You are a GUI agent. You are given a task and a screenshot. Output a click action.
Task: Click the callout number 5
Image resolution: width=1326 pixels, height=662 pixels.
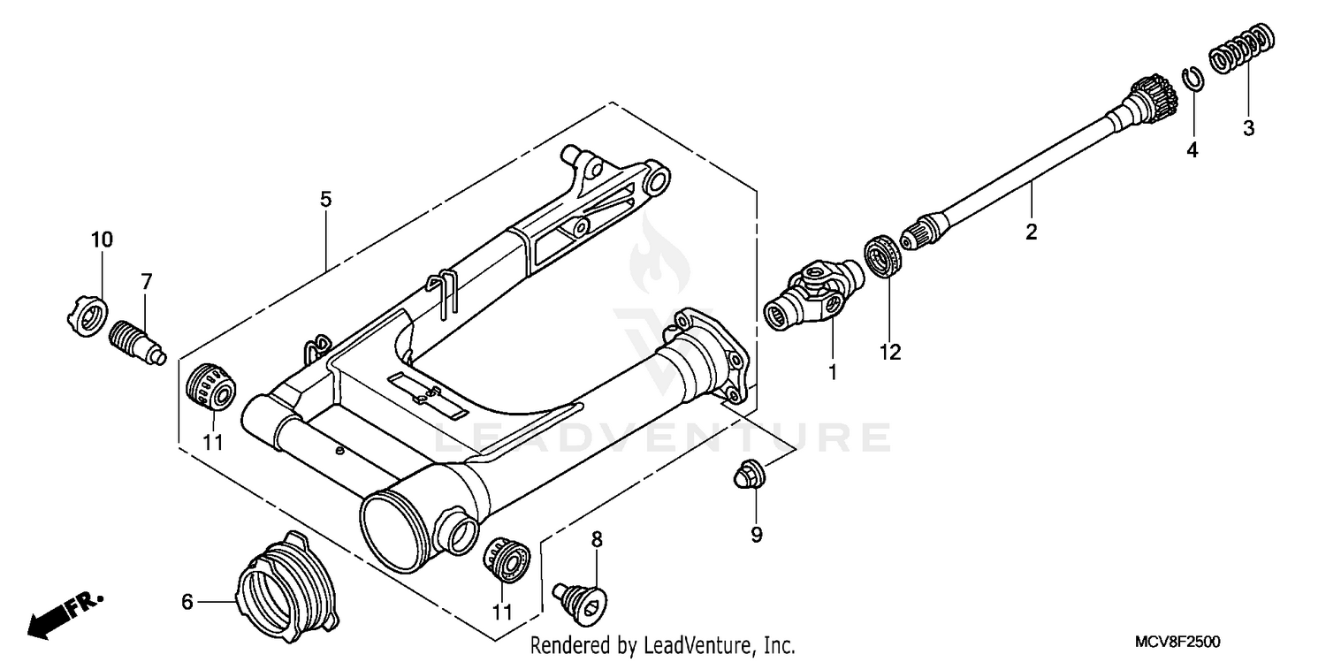[326, 199]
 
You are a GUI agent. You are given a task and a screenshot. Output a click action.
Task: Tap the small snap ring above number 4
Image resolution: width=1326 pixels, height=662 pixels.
[1192, 78]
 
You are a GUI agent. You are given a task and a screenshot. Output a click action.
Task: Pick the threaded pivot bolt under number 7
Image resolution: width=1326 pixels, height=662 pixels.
[138, 341]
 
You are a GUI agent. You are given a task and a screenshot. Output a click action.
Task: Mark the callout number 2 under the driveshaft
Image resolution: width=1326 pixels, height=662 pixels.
[1031, 232]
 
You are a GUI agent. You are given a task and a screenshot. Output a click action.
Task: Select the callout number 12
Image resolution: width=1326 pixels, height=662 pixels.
[889, 352]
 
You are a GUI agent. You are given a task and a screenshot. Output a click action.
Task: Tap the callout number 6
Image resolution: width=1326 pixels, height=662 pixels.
[187, 602]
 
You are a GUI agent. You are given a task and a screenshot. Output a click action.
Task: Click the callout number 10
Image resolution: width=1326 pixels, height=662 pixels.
[102, 239]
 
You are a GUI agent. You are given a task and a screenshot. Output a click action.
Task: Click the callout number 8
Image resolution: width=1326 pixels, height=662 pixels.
[597, 538]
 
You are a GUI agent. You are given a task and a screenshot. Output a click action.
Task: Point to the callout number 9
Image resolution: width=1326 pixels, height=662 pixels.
[756, 534]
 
